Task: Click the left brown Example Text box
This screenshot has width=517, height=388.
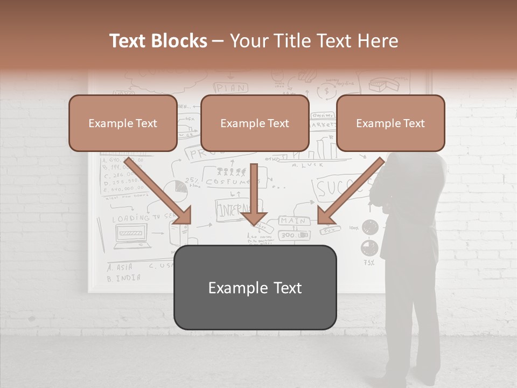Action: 123,123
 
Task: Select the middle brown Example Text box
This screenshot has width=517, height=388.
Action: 255,123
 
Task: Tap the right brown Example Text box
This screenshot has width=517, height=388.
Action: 390,123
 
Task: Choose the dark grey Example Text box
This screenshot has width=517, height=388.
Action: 255,287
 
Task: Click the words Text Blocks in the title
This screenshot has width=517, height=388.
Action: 158,41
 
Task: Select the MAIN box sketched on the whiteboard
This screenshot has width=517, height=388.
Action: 293,220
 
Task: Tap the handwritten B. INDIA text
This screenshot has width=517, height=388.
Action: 124,278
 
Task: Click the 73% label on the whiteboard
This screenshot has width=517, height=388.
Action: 369,263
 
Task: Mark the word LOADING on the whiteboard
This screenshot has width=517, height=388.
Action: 131,219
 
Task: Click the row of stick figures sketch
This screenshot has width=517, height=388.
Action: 232,172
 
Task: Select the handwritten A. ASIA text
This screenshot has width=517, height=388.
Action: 119,267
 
